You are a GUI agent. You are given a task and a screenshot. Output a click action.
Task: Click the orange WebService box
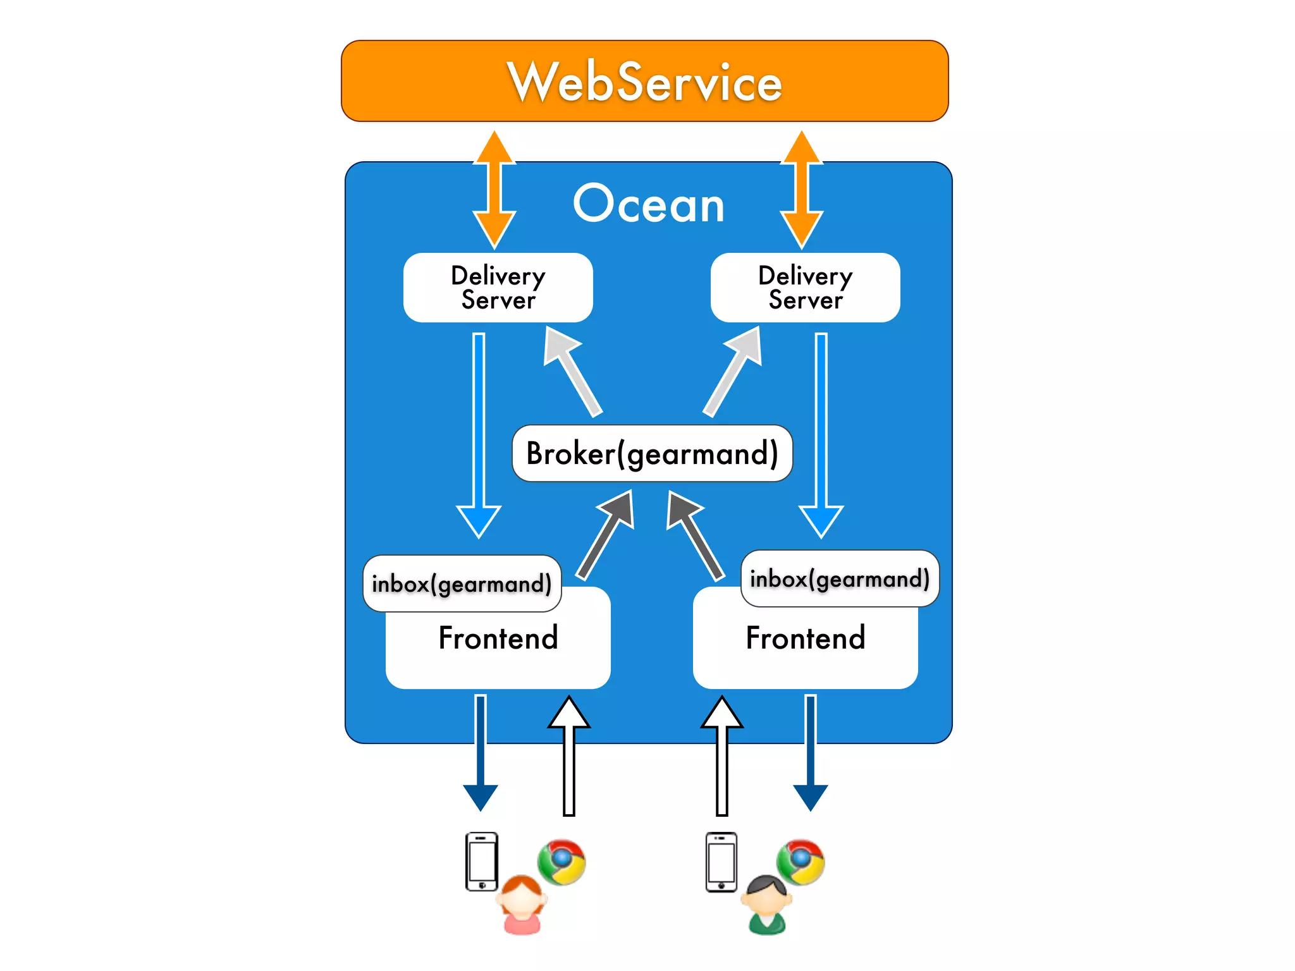(644, 81)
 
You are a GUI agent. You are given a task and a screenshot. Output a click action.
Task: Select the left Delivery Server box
(498, 288)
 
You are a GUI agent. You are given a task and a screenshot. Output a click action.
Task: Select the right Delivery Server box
(805, 288)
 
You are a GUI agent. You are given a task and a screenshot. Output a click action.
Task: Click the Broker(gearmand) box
(652, 453)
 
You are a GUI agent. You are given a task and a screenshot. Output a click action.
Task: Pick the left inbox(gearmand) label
(462, 583)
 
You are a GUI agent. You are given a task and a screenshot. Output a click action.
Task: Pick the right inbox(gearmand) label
(839, 578)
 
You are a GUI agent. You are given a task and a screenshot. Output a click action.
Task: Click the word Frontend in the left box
(498, 637)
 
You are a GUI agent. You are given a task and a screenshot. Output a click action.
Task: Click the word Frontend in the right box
(805, 637)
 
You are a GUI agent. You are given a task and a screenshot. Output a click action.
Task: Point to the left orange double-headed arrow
(494, 190)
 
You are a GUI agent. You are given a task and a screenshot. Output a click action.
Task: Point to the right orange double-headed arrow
(801, 190)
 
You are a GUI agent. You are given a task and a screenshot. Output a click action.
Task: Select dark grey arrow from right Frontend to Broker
(696, 534)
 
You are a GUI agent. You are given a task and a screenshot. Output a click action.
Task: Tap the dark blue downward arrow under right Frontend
(810, 752)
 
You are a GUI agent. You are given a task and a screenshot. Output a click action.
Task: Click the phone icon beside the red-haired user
(481, 861)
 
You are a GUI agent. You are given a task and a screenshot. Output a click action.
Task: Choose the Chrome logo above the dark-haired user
(801, 862)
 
